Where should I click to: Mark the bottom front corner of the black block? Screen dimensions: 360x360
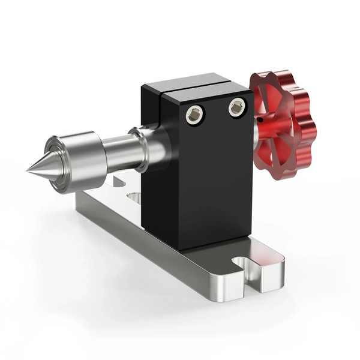[x=180, y=248]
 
